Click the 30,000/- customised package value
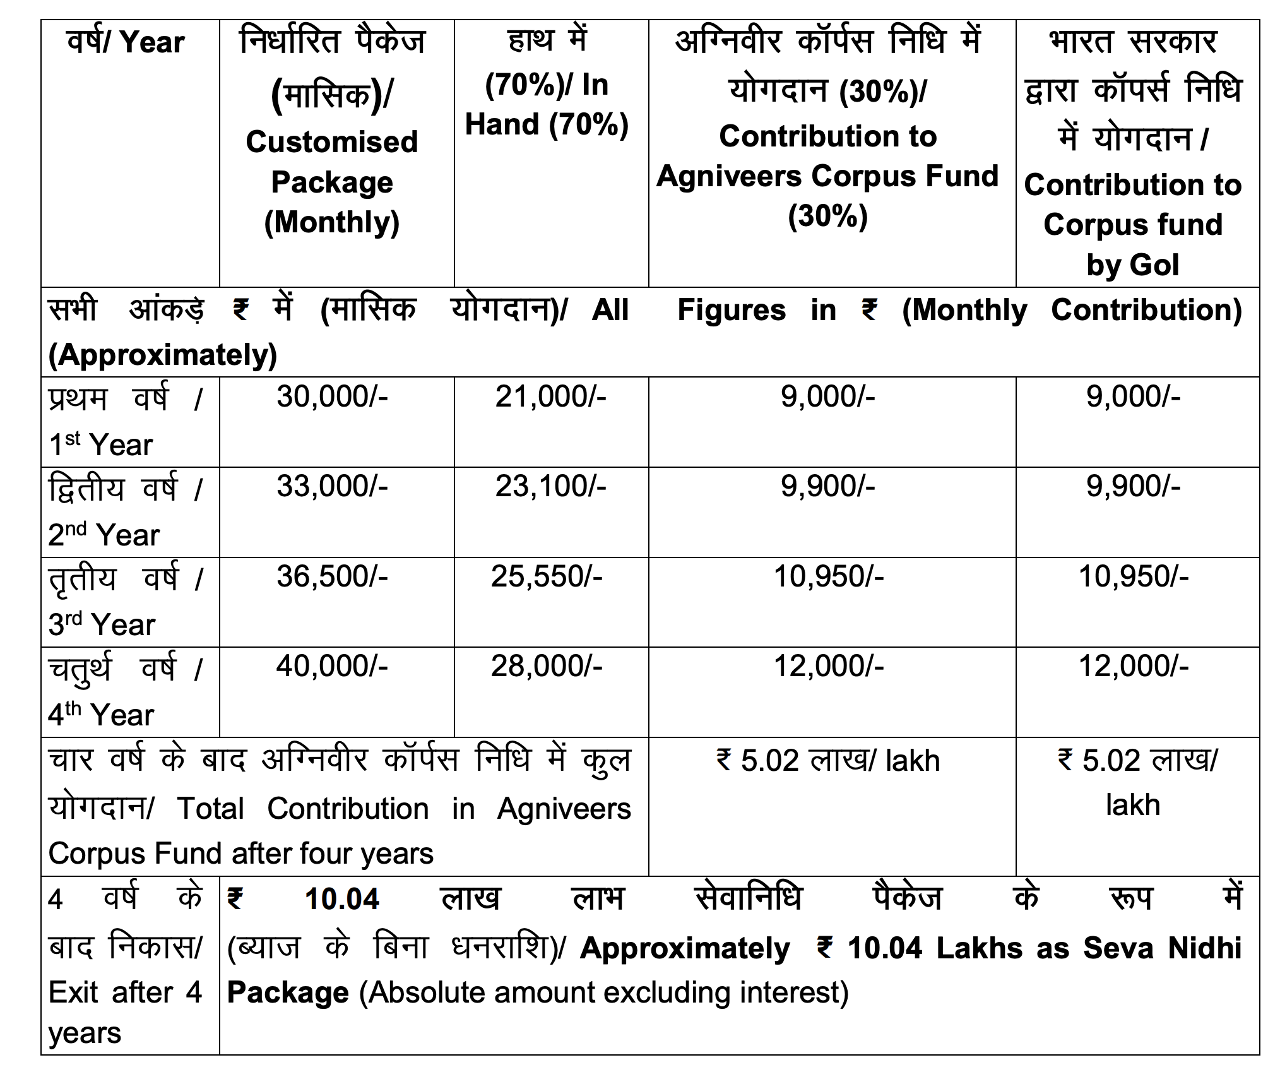332,397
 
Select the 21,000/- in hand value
550,397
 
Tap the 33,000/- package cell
332,487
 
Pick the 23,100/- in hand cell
550,487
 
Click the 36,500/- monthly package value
332,577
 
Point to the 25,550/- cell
547,577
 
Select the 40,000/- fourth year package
332,667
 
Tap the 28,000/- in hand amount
547,667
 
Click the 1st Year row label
101,445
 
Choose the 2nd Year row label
104,535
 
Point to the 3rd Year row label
102,625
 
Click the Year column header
152,43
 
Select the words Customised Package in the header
332,162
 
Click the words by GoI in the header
1132,265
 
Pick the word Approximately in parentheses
163,355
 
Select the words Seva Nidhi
1162,948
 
